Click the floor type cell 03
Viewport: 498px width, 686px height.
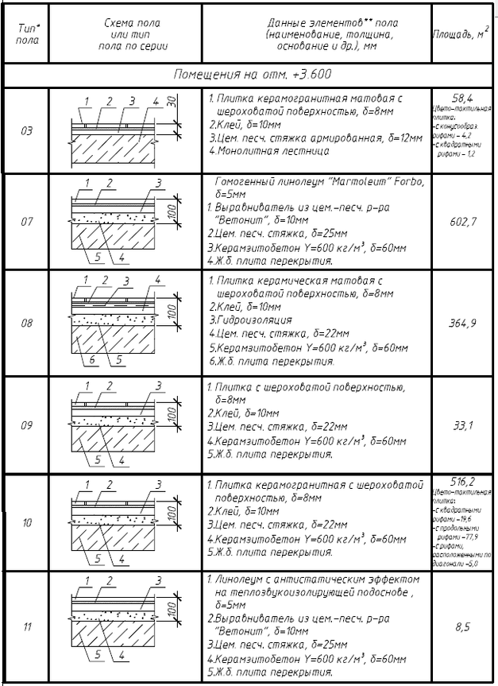(26, 130)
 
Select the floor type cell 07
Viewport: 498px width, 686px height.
(26, 221)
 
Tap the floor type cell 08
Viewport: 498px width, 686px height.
(26, 324)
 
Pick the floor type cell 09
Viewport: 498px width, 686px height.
(26, 425)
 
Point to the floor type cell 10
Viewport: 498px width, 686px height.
(26, 522)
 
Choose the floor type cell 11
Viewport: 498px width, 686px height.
(26, 627)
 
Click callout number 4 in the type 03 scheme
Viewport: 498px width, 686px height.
(157, 102)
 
